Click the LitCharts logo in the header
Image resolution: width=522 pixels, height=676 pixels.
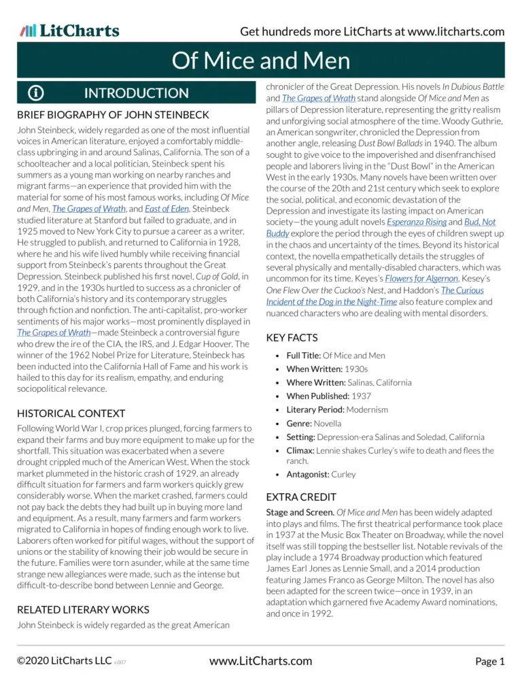click(x=69, y=31)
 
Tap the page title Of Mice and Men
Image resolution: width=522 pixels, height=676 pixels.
click(x=261, y=61)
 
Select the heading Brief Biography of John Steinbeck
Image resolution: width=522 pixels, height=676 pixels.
click(x=113, y=115)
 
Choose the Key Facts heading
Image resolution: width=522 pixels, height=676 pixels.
click(x=292, y=337)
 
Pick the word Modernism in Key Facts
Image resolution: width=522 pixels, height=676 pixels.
click(x=367, y=410)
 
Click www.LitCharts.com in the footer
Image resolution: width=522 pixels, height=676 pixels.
click(x=261, y=660)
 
